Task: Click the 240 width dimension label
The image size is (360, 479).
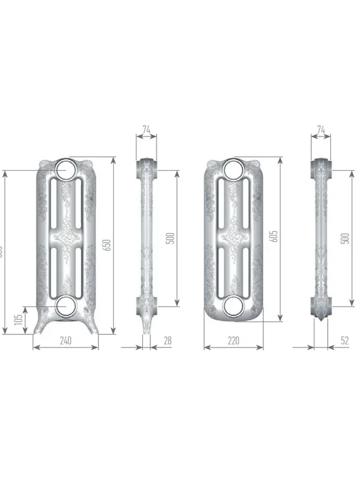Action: [x=66, y=341]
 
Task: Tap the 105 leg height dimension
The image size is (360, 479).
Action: [x=17, y=320]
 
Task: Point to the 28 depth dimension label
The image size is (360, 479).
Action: [x=167, y=341]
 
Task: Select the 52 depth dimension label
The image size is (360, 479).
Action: [x=344, y=341]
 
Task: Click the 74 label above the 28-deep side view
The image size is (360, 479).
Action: [x=147, y=130]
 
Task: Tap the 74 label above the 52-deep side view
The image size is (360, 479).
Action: [x=320, y=130]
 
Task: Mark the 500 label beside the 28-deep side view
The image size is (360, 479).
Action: [x=170, y=238]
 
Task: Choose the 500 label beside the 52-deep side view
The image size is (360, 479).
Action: [x=344, y=238]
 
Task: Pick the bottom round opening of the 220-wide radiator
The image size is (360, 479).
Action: [x=232, y=306]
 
